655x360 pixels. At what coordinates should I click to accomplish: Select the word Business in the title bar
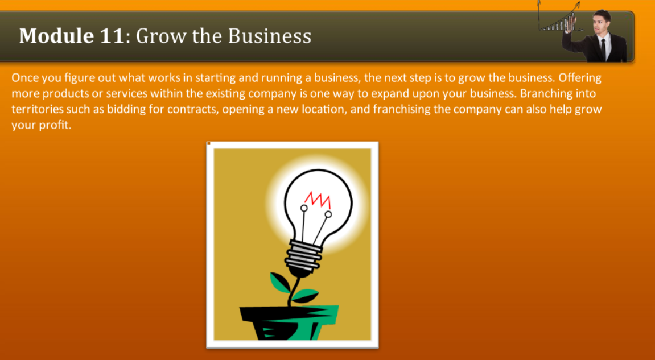coord(270,36)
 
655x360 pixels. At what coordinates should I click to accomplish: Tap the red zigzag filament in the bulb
coord(318,198)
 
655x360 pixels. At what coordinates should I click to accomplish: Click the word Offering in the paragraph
coord(580,77)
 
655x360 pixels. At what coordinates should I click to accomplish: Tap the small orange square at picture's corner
coord(209,143)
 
